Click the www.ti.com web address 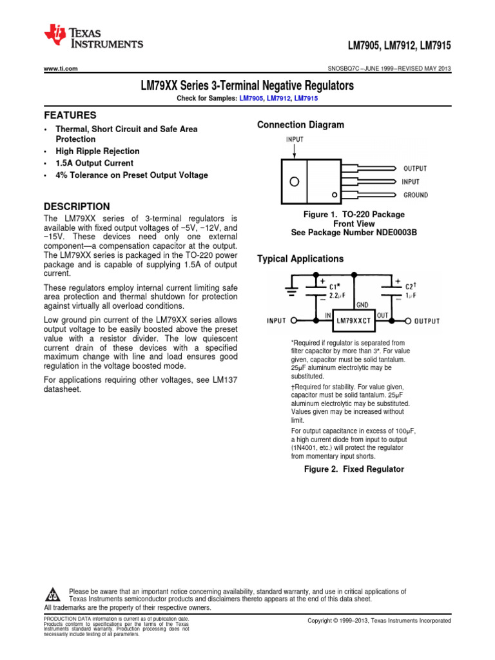61,69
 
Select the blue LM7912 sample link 277,98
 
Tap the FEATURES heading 70,115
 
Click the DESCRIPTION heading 77,206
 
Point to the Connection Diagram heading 300,125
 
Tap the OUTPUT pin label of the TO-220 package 414,168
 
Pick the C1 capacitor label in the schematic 335,286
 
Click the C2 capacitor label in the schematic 411,286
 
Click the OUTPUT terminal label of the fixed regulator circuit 427,321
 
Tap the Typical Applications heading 300,259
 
